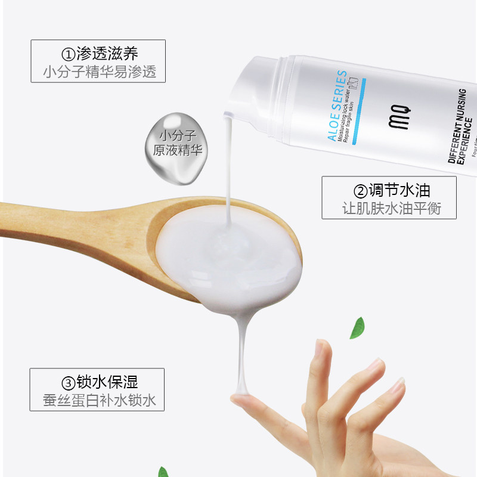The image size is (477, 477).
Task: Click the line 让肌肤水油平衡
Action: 390,209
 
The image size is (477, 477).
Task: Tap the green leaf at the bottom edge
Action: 163,472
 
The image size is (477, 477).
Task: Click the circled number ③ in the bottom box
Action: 68,382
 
